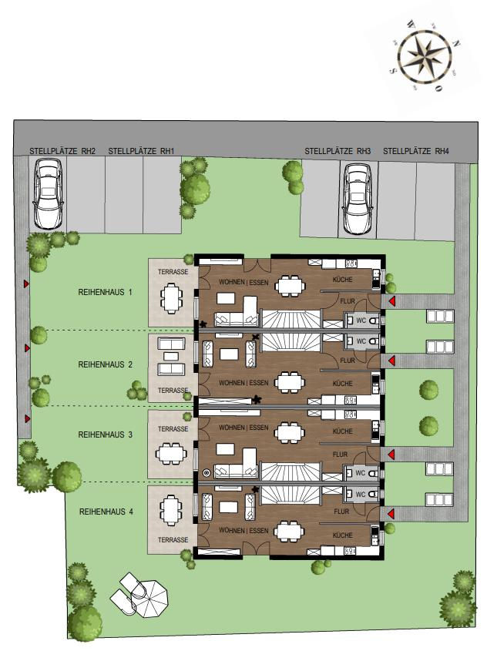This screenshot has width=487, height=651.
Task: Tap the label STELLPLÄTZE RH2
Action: click(x=62, y=151)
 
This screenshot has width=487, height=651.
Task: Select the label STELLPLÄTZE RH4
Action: click(x=415, y=151)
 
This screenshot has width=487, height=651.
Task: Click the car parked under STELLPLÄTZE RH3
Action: click(x=358, y=199)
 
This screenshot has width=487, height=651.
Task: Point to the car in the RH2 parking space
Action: click(x=48, y=194)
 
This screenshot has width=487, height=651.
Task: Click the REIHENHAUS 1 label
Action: click(x=105, y=292)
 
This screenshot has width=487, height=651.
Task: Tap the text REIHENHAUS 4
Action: click(x=106, y=512)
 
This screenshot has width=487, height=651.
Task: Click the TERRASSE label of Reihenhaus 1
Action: click(x=173, y=272)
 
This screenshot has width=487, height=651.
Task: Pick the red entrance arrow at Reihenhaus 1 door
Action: click(x=391, y=300)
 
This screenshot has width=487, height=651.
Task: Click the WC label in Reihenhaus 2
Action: click(x=361, y=341)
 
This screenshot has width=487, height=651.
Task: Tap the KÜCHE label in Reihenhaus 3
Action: click(x=342, y=431)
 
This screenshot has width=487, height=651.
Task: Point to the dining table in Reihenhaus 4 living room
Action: click(x=291, y=532)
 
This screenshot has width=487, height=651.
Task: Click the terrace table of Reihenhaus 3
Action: click(x=170, y=453)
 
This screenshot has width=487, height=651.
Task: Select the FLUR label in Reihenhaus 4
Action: click(x=341, y=512)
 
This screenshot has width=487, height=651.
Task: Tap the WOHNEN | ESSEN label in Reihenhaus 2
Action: click(x=243, y=383)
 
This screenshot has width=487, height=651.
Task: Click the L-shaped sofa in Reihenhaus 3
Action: click(x=236, y=464)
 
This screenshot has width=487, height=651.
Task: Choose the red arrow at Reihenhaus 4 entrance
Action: click(x=391, y=515)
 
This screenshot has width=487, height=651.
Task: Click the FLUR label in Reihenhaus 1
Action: click(x=348, y=300)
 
